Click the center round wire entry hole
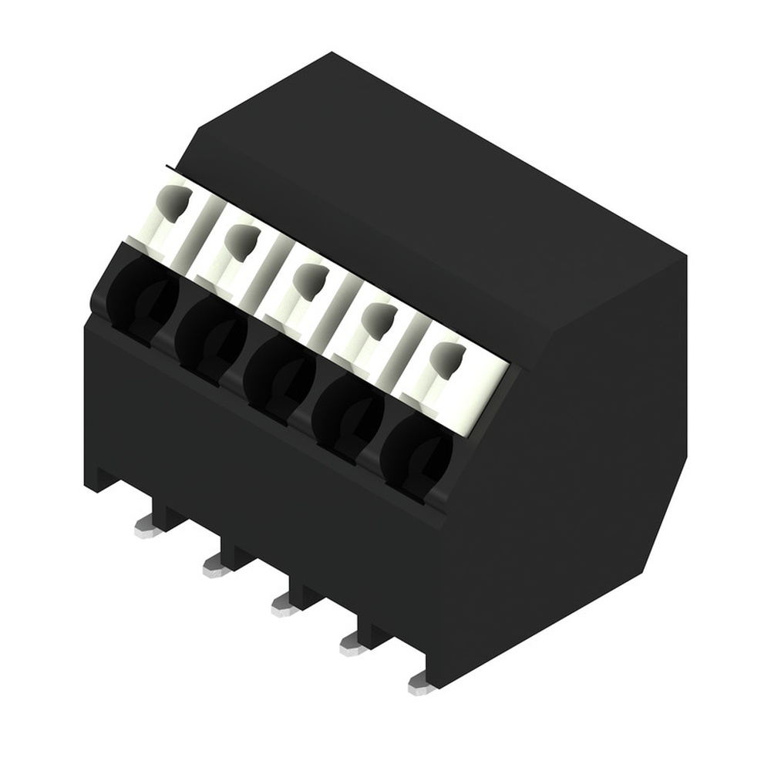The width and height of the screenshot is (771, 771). pyautogui.click(x=278, y=375)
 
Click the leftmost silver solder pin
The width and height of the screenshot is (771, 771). pyautogui.click(x=146, y=528)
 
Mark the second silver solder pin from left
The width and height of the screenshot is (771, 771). pyautogui.click(x=214, y=568)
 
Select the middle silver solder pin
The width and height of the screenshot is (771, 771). pyautogui.click(x=284, y=607)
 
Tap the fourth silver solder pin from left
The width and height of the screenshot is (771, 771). pyautogui.click(x=352, y=645)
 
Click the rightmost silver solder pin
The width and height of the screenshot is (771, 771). pyautogui.click(x=420, y=683)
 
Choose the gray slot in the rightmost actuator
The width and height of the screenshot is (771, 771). pyautogui.click(x=446, y=357)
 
